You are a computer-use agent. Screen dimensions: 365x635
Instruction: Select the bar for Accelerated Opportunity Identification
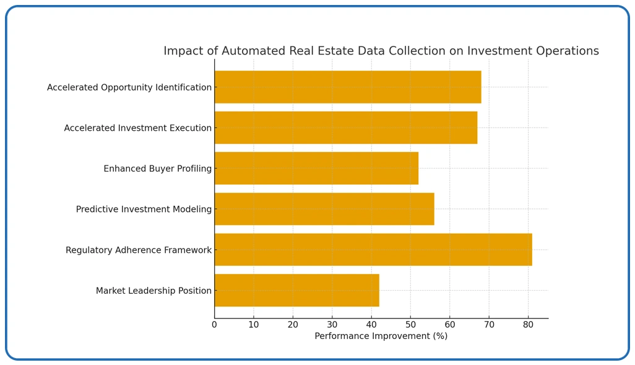(x=347, y=87)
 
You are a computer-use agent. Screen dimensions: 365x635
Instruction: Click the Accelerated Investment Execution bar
(x=345, y=128)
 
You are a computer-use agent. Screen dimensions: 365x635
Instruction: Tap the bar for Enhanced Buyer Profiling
(x=316, y=168)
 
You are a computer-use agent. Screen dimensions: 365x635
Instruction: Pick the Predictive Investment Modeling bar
(x=324, y=209)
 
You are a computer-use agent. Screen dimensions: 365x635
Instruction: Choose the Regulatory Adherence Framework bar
(x=373, y=250)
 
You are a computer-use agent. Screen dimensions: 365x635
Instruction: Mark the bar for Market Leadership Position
(x=296, y=290)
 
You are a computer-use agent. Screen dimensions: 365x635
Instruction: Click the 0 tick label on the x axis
(x=215, y=324)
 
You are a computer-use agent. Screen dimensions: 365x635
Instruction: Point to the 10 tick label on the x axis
(x=254, y=324)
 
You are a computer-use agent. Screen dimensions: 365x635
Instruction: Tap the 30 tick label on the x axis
(x=332, y=324)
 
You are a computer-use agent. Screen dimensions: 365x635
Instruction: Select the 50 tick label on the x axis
(x=410, y=324)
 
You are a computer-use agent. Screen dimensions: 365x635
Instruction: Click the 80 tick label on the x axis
(x=528, y=324)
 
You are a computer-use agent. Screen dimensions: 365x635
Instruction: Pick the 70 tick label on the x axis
(x=489, y=324)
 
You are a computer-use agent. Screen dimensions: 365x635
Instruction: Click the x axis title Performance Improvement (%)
(x=381, y=336)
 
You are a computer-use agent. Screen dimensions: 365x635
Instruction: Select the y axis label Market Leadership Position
(x=153, y=291)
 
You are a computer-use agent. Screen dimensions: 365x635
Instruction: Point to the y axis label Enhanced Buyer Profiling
(x=157, y=169)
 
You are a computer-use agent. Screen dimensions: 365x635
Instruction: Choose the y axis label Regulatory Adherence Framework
(x=139, y=250)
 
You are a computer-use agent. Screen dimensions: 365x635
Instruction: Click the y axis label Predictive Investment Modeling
(x=144, y=209)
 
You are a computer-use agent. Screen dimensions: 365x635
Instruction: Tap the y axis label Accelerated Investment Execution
(x=137, y=128)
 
